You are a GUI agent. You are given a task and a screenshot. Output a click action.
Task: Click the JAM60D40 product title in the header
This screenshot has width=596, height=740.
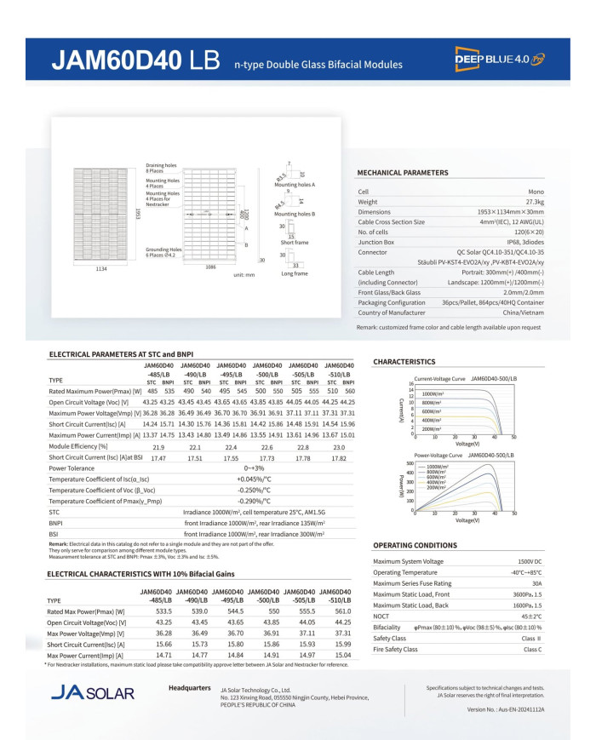pos(135,61)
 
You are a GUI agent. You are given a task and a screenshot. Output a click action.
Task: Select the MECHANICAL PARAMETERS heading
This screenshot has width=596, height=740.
pos(402,173)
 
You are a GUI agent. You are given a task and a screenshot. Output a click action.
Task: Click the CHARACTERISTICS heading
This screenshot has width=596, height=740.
pos(404,362)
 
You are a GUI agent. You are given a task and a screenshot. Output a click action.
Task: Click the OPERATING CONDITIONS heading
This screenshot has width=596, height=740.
pos(415,545)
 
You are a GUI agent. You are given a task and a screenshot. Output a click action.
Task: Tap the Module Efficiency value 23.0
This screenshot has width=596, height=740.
pos(340,446)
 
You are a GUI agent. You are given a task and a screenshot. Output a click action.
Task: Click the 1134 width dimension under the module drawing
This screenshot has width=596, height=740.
pos(101,268)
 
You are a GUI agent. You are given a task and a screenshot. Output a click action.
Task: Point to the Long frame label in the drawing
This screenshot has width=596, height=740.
pos(294,274)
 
